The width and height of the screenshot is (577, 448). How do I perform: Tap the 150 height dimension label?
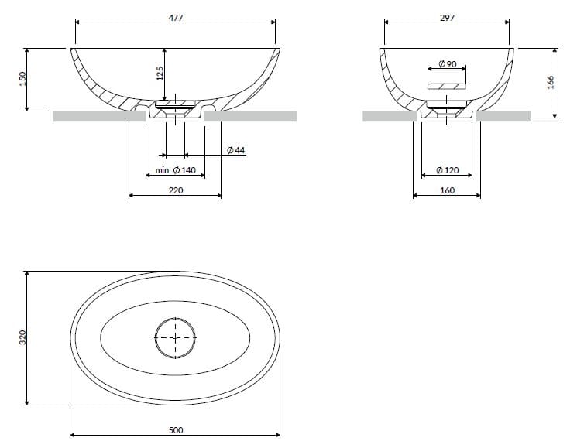point(22,79)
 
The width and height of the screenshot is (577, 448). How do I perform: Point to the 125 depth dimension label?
point(159,74)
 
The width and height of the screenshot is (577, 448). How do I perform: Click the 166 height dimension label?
point(551,82)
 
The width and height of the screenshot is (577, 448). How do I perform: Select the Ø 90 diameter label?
point(447,63)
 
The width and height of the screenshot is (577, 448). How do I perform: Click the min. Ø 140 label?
point(175,170)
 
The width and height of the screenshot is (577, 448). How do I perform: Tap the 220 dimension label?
point(175,190)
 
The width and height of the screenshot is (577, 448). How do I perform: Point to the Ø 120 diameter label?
point(447,169)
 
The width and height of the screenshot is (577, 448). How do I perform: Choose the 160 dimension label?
point(447,190)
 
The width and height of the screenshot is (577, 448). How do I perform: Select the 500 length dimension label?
point(175,430)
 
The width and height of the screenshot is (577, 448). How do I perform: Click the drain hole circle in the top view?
point(177,339)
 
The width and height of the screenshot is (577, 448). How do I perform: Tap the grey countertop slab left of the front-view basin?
point(99,117)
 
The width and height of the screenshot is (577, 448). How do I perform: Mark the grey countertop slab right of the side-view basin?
point(503,117)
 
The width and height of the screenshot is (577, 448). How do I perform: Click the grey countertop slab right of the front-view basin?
point(252,117)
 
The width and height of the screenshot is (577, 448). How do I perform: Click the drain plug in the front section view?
point(176,104)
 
